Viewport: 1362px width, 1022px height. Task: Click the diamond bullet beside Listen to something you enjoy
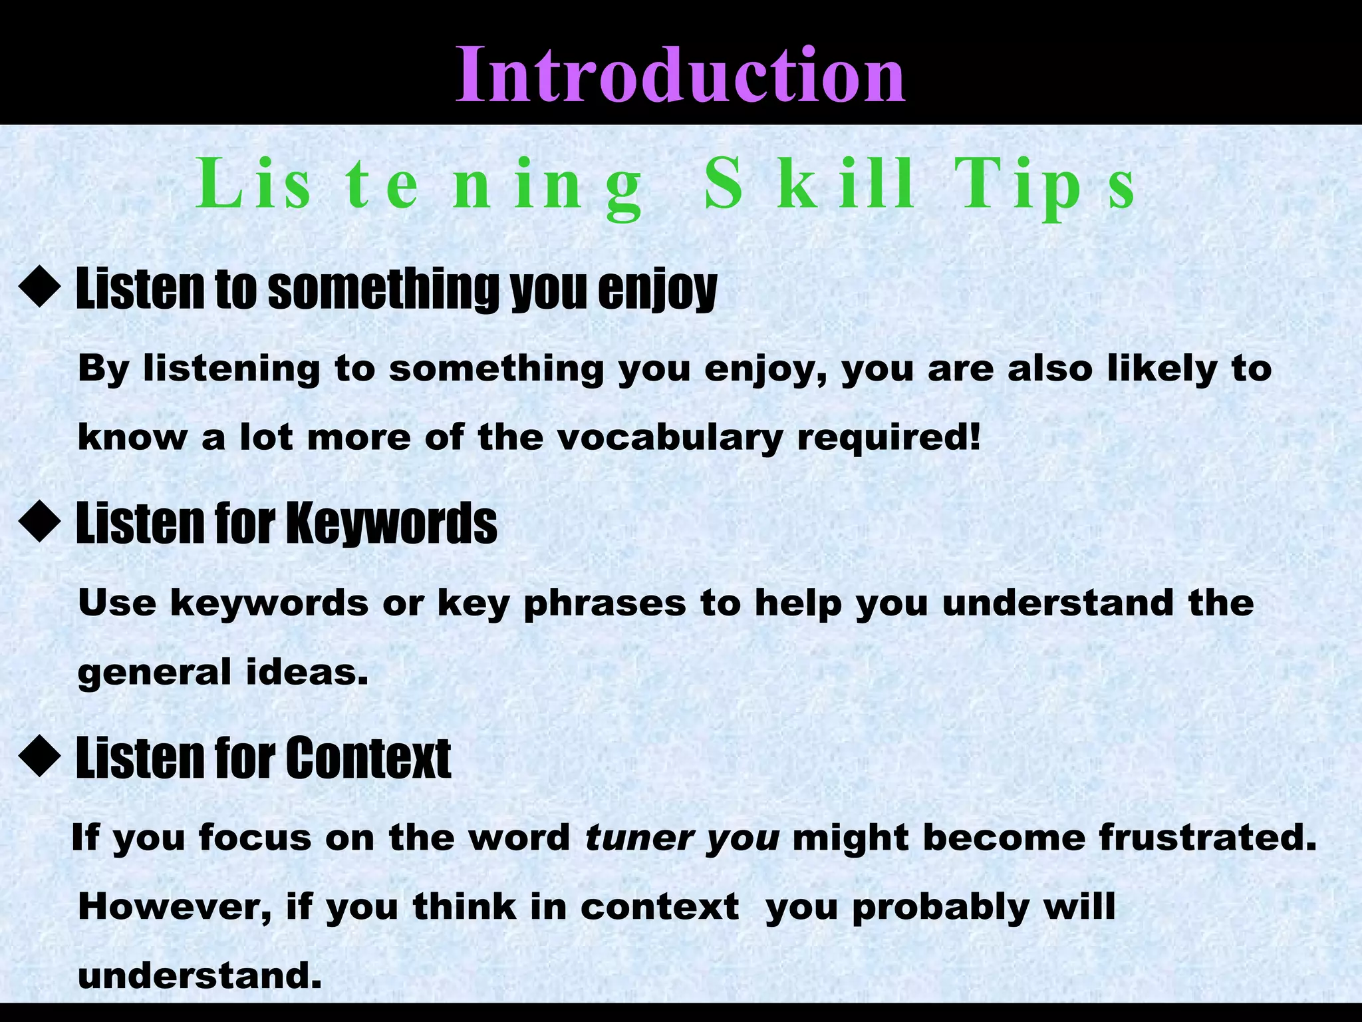[x=40, y=288]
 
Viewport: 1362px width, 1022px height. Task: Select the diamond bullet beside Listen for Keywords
[x=40, y=522]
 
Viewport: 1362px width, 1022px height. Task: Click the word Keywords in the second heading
[x=392, y=524]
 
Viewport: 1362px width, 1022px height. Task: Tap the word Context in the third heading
[x=369, y=758]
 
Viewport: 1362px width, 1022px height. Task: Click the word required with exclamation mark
[x=888, y=437]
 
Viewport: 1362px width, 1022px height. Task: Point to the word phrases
[x=605, y=603]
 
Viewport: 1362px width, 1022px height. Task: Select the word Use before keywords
[x=117, y=602]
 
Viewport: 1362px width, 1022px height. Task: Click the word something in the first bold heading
[x=382, y=289]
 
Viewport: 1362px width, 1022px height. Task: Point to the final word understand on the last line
[x=200, y=976]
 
